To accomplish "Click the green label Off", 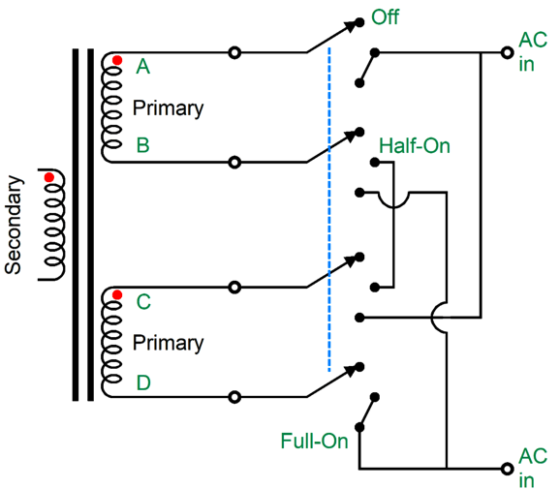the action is coord(385,17).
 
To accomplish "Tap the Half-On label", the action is coord(415,146).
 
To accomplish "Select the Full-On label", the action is coord(314,441).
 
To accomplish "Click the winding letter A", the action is coord(142,67).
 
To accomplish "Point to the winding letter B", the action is coord(142,145).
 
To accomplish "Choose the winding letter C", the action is coord(143,302).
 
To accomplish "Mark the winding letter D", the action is coord(143,382).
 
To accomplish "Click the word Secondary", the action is coord(14,225).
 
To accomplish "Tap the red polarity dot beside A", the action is coord(117,60).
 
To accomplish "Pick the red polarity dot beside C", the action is coord(117,294).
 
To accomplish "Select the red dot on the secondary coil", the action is coord(49,177).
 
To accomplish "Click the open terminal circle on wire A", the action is coord(234,53).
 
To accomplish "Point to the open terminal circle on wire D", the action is coord(234,397).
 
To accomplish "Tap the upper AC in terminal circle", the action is coord(507,53).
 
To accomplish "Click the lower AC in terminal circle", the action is coord(507,469).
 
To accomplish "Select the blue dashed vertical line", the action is coord(329,209).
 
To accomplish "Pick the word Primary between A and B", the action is coord(168,108).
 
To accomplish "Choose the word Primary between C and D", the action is coord(168,343).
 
